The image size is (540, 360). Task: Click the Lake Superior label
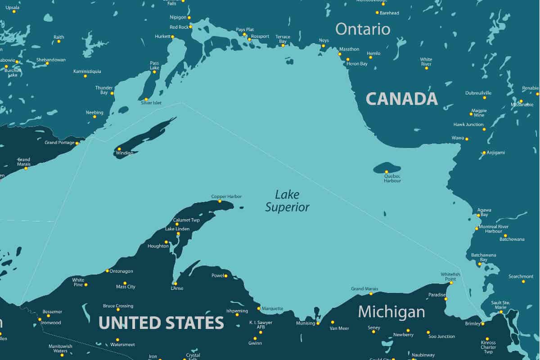[287, 201]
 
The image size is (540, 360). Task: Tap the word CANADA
[401, 99]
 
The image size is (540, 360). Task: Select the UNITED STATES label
[161, 323]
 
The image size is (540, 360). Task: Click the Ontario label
[363, 29]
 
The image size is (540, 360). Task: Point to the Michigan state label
[391, 311]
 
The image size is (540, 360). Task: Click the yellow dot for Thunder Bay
[112, 93]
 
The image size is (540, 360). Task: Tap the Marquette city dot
[259, 308]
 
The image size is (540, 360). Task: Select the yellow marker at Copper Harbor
[220, 201]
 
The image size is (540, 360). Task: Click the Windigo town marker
[119, 149]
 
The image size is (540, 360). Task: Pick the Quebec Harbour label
[392, 178]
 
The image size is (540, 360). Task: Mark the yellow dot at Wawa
[467, 139]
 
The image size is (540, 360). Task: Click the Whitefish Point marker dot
[451, 283]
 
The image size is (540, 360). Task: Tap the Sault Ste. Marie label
[500, 305]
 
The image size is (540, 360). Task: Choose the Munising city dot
[318, 323]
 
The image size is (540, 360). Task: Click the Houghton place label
[158, 246]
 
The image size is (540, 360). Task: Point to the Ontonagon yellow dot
[107, 271]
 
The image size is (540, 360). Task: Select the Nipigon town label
[178, 17]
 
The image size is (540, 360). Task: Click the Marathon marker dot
[340, 54]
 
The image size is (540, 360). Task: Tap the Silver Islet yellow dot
[146, 99]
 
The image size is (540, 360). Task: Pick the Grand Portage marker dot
[77, 143]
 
